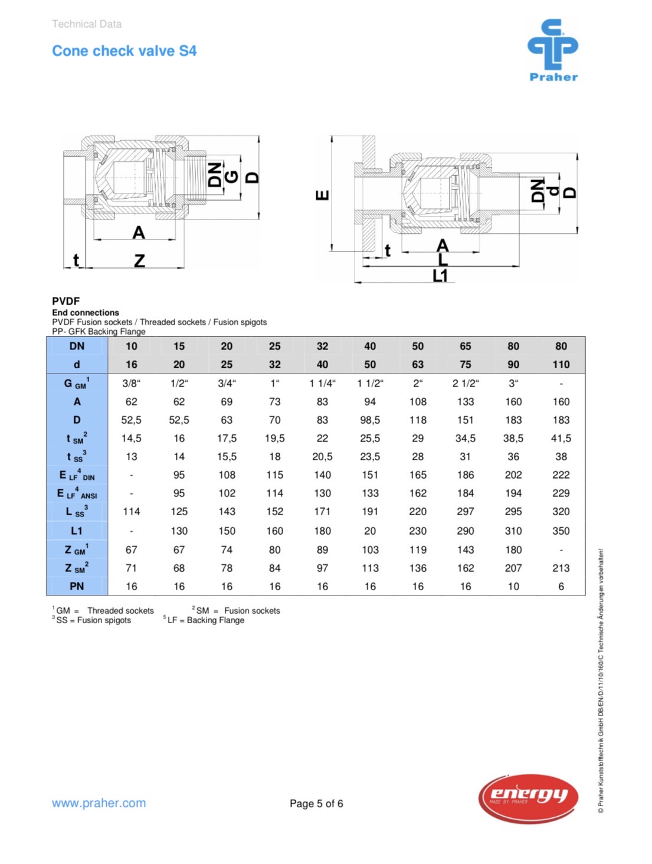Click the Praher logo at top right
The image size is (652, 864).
(553, 50)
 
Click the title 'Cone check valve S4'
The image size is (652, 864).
(124, 51)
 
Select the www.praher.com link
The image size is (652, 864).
(99, 803)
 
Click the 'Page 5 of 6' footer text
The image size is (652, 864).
(316, 803)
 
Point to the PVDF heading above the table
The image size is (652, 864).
(65, 301)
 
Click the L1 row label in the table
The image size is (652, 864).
(77, 531)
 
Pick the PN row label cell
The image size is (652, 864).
(77, 586)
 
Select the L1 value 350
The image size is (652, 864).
(561, 531)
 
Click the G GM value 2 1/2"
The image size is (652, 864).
(466, 384)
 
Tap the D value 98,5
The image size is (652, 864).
(370, 420)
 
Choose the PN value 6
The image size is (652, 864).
(561, 586)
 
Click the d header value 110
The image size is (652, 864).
(561, 365)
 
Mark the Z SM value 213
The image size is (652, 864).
(561, 568)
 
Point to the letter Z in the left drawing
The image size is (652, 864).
(139, 260)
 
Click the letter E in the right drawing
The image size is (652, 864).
(323, 195)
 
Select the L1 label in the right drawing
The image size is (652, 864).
(440, 276)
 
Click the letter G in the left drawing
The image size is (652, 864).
(232, 176)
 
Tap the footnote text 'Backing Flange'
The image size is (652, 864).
(215, 620)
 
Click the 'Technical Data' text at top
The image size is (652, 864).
(87, 24)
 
